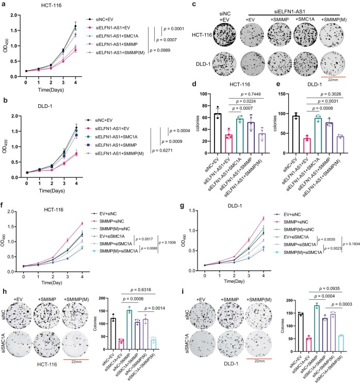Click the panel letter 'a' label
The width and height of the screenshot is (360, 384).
5,5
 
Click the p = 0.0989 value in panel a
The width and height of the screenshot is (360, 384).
161,51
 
